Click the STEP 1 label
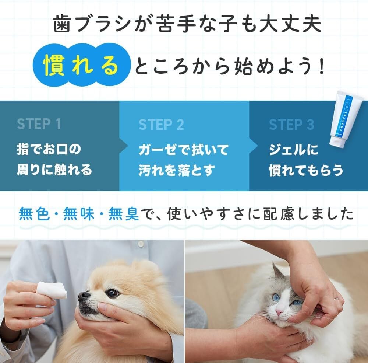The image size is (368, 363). [39, 124]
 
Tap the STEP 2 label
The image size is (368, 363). [161, 125]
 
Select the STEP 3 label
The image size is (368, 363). [291, 125]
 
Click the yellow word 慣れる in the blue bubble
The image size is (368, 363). [81, 65]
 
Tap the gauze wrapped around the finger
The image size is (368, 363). [51, 291]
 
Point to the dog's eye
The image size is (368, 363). [112, 293]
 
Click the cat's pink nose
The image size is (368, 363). [279, 313]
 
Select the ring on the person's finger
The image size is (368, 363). [337, 299]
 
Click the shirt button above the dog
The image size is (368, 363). [140, 244]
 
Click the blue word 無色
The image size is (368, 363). [34, 214]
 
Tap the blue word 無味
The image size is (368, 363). [79, 214]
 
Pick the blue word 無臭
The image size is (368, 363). [124, 214]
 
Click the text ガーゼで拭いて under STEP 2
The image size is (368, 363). [183, 150]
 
